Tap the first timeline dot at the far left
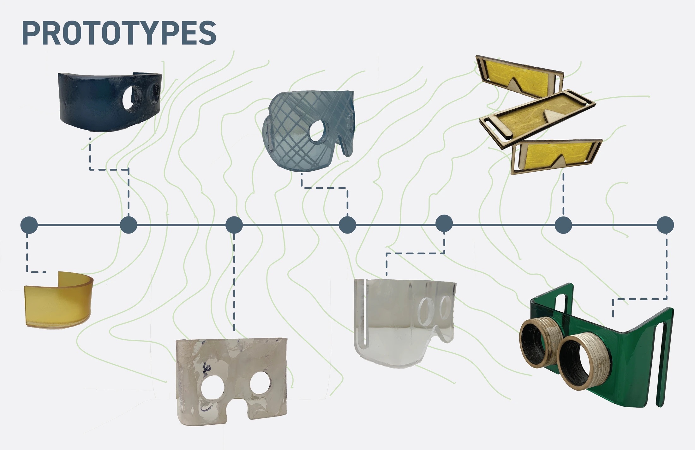coord(29,225)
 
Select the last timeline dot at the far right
coord(665,225)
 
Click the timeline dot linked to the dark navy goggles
coord(129,225)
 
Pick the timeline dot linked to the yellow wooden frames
coord(563,225)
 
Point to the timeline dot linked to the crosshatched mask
coord(347,225)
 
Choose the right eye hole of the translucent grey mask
coord(261,383)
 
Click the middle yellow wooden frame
coord(537,118)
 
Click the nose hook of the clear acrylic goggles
coord(445,338)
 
